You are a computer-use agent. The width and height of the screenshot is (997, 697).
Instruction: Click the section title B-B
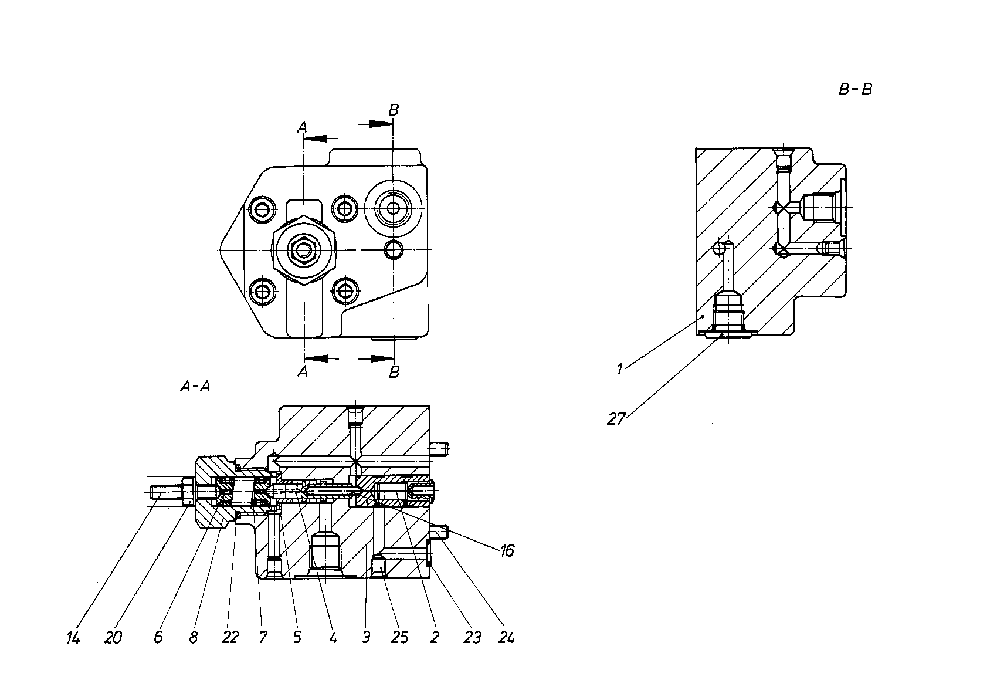coord(855,90)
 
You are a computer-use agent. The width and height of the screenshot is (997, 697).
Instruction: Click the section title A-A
coord(195,387)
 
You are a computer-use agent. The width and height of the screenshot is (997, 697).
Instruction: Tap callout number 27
coord(616,419)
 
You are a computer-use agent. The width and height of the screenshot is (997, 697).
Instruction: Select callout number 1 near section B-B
coord(619,369)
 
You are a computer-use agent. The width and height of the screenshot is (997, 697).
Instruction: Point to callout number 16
coord(507,551)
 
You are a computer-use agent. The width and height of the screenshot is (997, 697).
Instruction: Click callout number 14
coord(73,638)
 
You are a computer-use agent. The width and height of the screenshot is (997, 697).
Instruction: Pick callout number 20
coord(113,638)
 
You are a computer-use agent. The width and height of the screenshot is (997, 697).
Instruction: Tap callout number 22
coord(230,638)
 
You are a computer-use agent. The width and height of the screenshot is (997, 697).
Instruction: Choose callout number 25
coord(399,638)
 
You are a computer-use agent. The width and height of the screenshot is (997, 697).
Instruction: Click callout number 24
coord(506,638)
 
